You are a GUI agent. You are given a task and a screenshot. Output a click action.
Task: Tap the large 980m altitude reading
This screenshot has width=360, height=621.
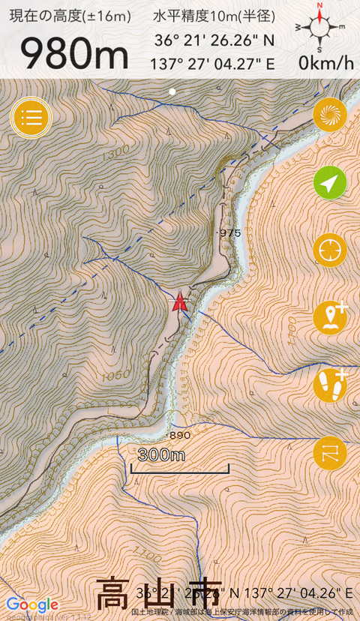coord(75,52)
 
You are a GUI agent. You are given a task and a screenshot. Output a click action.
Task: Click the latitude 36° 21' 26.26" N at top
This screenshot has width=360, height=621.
coord(214,40)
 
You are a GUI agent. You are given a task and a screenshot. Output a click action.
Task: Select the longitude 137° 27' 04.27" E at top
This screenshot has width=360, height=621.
coord(214,63)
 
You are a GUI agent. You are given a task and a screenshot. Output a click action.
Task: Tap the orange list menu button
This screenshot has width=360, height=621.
coord(31,117)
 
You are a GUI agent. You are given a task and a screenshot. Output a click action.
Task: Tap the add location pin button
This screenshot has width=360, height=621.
coord(329,318)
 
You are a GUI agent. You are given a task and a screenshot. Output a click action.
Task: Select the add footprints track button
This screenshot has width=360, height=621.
coord(329,385)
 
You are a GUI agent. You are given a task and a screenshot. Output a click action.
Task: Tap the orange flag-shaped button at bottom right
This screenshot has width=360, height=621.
coord(329,453)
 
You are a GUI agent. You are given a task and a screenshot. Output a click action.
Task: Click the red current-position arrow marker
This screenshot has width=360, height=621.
coord(179,301)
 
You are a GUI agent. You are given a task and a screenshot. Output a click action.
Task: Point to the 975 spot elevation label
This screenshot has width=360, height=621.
coord(229,233)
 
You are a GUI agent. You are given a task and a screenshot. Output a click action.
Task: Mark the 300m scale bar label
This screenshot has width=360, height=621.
coord(161,455)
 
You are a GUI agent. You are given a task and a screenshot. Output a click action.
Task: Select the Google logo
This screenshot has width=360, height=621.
coord(32,604)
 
